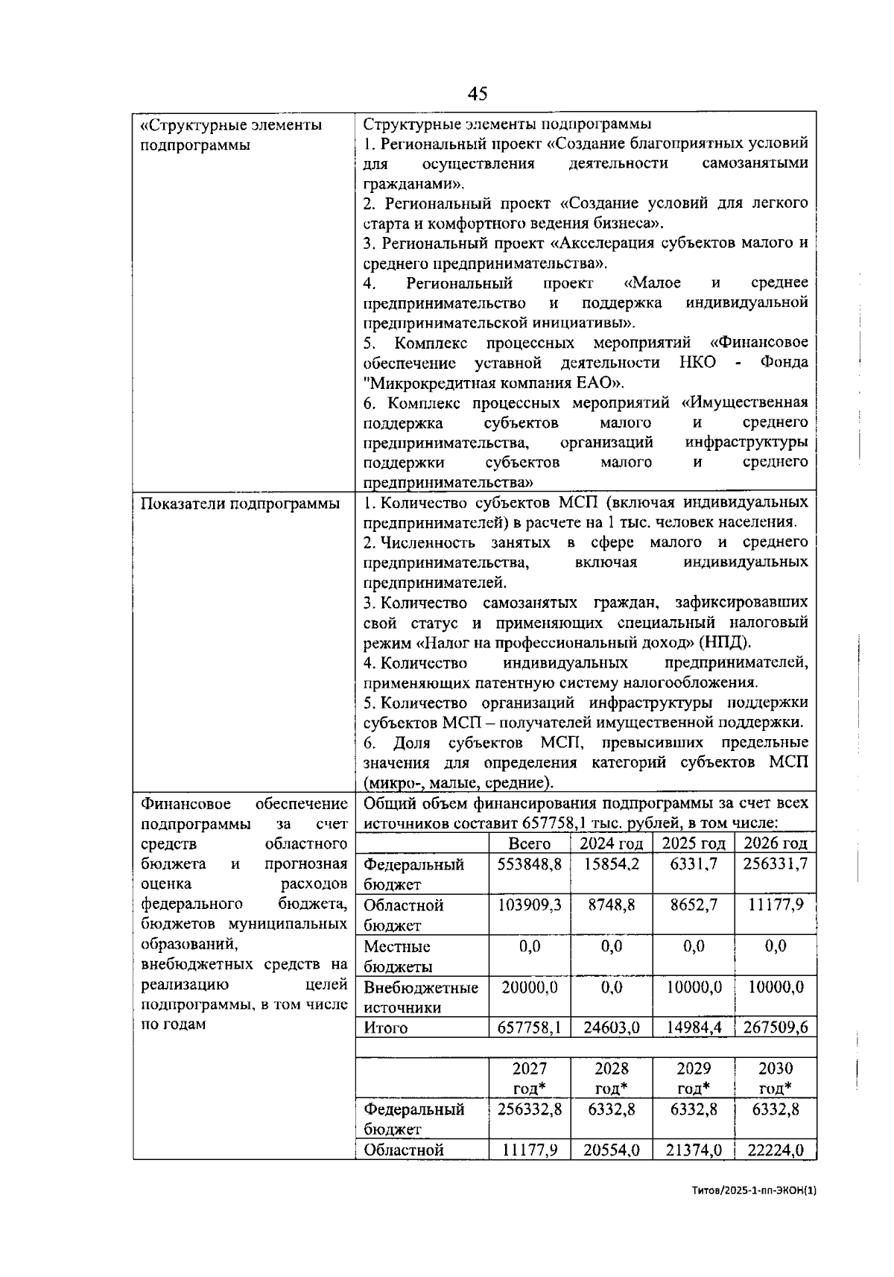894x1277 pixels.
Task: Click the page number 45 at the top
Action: click(x=478, y=94)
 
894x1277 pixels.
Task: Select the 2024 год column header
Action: click(x=611, y=843)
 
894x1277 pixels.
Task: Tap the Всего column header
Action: click(x=529, y=843)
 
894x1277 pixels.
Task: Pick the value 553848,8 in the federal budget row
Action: click(x=529, y=864)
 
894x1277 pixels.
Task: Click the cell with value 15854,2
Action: click(x=611, y=864)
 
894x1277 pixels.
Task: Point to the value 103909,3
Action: click(x=529, y=905)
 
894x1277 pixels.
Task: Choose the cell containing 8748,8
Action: click(x=611, y=905)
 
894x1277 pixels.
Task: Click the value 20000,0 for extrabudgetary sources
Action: click(x=529, y=987)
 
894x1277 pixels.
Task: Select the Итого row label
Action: click(x=386, y=1028)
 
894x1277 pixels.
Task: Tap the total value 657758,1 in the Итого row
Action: click(x=529, y=1028)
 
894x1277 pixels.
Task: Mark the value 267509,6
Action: click(x=776, y=1028)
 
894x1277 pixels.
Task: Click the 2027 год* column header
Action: click(x=529, y=1078)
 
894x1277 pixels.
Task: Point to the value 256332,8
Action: click(x=529, y=1109)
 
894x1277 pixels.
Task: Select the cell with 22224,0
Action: click(x=776, y=1150)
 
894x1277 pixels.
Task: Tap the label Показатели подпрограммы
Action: click(x=240, y=504)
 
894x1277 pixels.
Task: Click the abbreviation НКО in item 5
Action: click(x=697, y=363)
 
